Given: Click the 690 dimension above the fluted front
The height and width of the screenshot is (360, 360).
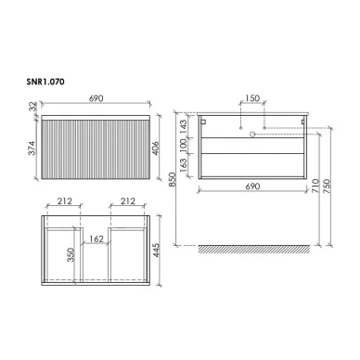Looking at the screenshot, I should [x=96, y=98].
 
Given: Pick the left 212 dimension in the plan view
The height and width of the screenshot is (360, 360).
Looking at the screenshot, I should [x=64, y=201].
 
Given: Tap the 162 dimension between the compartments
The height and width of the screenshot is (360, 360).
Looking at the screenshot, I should [x=96, y=239].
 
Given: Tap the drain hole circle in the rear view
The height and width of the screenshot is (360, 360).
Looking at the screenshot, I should [x=251, y=135].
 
